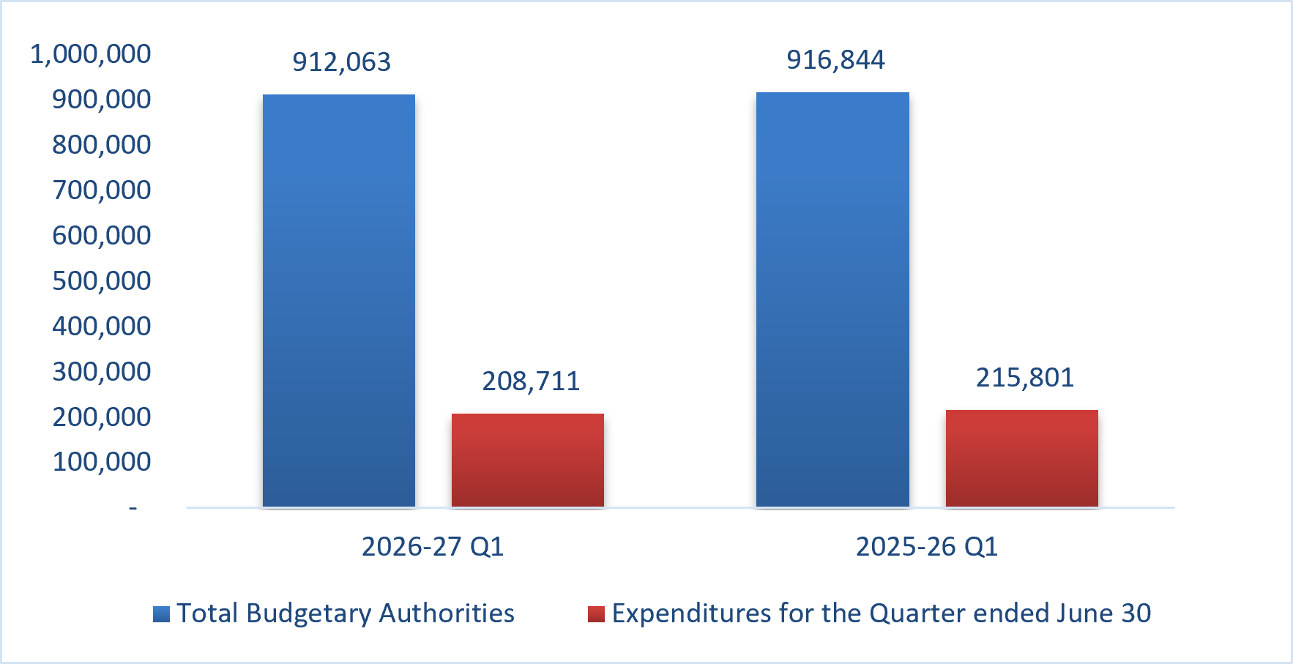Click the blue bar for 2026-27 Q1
point(339,300)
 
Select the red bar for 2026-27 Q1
point(528,460)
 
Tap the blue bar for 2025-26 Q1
point(832,299)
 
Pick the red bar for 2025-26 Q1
point(1022,458)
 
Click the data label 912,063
point(342,62)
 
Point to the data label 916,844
point(835,60)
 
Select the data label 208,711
point(531,381)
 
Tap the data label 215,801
point(1025,378)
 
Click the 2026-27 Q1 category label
point(433,547)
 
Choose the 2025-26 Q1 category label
point(927,547)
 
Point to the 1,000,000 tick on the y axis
point(91,54)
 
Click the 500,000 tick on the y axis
point(102,281)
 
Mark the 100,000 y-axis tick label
point(102,462)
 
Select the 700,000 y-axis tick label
point(102,190)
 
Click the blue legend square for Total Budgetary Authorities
point(161,614)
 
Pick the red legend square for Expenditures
point(596,614)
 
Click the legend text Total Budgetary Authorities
point(346,613)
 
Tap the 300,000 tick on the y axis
point(102,372)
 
